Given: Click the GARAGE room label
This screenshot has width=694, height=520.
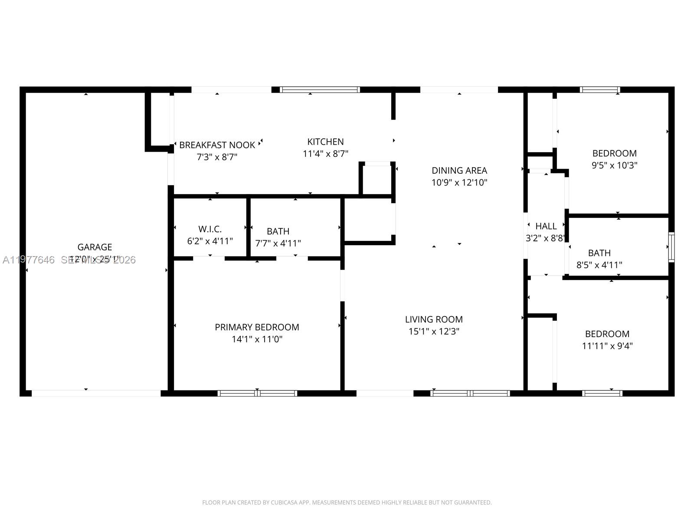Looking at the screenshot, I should point(95,247).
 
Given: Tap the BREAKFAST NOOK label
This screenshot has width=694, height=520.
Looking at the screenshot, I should point(217,145).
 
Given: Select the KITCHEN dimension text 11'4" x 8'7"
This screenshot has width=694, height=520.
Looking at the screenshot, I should point(325,153).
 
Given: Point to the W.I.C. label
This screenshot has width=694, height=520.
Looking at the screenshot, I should point(210,229).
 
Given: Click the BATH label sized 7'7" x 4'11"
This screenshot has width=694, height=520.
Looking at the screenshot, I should point(278,231).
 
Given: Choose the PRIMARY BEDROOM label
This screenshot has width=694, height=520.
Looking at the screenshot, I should point(257,327).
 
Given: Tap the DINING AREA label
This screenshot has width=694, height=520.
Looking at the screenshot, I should point(459,170).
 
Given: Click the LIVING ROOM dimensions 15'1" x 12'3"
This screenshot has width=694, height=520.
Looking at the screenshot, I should point(434,331).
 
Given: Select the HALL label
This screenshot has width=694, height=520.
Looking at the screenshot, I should point(546,226).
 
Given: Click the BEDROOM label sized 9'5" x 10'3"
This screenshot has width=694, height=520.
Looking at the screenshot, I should point(614,153).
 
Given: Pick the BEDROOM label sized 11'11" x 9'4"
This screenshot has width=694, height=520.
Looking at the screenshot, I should point(607,334).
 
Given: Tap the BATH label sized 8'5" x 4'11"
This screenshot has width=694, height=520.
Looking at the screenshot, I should point(599,253).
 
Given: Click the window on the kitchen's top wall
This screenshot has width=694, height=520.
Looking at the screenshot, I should point(320,90).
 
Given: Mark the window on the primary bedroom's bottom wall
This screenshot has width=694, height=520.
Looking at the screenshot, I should point(257,393).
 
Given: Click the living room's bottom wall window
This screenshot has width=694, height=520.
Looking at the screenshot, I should point(470,393).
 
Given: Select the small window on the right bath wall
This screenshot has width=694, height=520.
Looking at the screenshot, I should point(671,247).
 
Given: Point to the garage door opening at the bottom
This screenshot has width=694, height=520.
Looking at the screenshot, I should point(96,393).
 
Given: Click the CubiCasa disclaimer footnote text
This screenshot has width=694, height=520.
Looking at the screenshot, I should point(347,503).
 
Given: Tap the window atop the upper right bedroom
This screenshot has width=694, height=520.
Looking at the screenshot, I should point(600,90).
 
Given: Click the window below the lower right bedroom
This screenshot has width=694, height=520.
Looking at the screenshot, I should point(602,393).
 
